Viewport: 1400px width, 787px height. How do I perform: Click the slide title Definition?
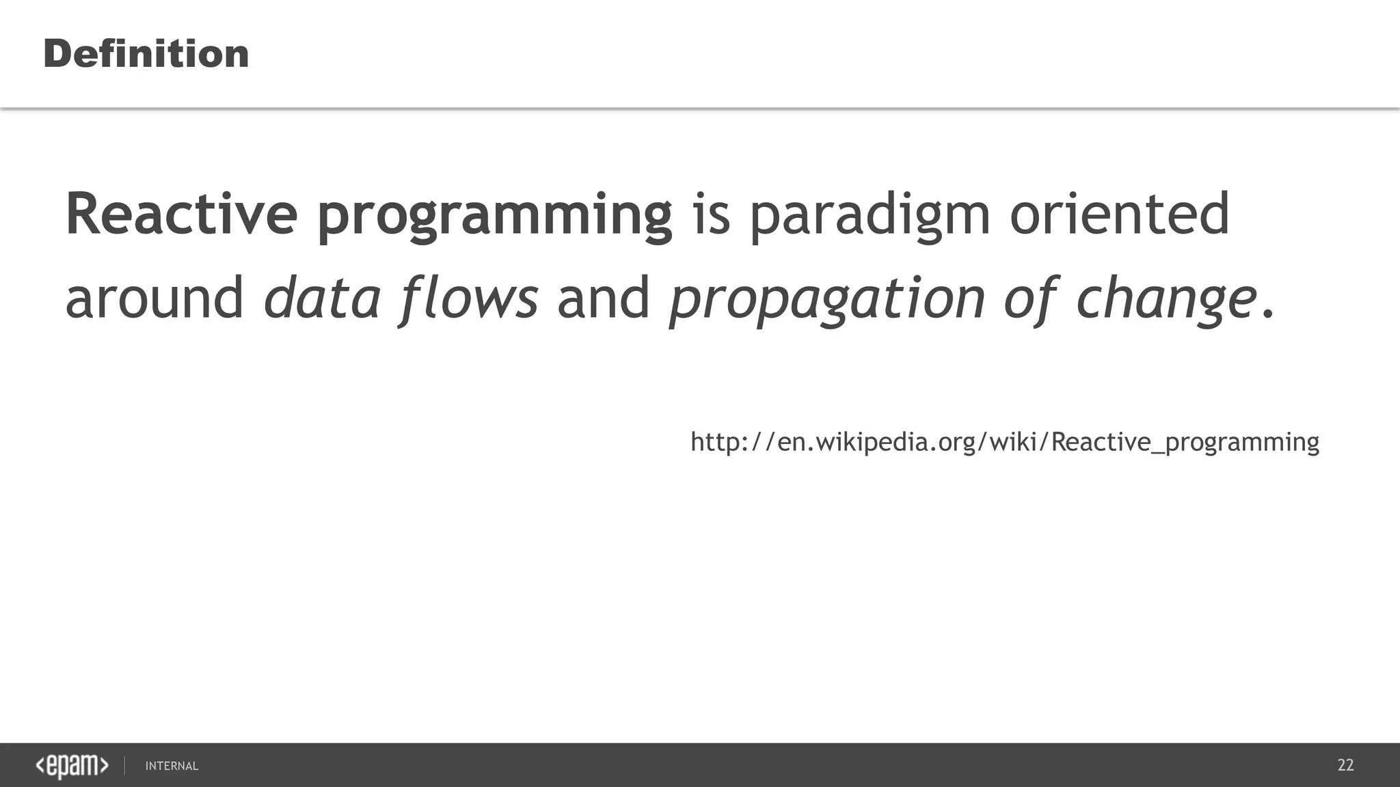pyautogui.click(x=146, y=54)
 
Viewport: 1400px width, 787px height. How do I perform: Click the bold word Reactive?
pyautogui.click(x=181, y=214)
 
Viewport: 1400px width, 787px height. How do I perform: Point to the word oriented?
pyautogui.click(x=1119, y=214)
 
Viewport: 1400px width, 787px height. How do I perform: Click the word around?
pyautogui.click(x=154, y=298)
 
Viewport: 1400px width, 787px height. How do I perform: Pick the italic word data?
pyautogui.click(x=322, y=298)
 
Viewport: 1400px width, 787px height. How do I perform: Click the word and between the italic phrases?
pyautogui.click(x=604, y=298)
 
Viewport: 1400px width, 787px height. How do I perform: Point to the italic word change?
pyautogui.click(x=1166, y=301)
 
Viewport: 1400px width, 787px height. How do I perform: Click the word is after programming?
pyautogui.click(x=712, y=214)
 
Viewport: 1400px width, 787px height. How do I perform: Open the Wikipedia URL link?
pyautogui.click(x=1004, y=442)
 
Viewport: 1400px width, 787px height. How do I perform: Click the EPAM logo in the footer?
pyautogui.click(x=72, y=766)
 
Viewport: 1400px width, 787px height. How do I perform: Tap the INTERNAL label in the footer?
pyautogui.click(x=172, y=767)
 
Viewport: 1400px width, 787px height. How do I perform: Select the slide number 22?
pyautogui.click(x=1345, y=765)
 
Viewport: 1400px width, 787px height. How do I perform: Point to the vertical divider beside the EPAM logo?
pyautogui.click(x=124, y=766)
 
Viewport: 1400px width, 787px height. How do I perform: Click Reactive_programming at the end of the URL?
pyautogui.click(x=1185, y=443)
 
